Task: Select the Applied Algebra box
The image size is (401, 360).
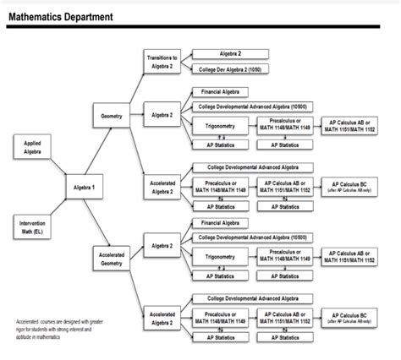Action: (32, 149)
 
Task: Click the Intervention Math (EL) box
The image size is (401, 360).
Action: (32, 226)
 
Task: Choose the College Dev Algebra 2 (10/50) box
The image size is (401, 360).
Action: (231, 68)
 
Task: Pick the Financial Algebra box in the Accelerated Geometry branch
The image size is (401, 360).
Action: (218, 223)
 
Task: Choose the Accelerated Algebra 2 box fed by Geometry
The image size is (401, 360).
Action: (162, 186)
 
